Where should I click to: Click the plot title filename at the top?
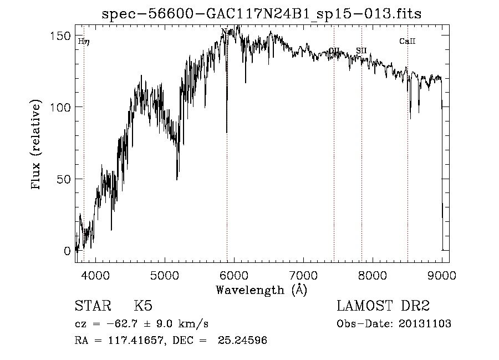click(261, 14)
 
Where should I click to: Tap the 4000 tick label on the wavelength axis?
click(95, 275)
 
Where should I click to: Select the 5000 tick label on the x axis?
click(165, 275)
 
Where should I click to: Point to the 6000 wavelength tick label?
click(234, 275)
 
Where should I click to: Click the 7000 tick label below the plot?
click(303, 275)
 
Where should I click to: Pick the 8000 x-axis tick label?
click(373, 275)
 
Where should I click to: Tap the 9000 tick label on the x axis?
click(441, 275)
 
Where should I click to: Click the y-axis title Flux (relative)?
click(37, 145)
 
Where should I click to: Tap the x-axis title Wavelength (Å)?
click(261, 290)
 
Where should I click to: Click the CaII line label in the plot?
click(407, 42)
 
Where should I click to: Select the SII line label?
click(361, 50)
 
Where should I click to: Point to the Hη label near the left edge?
click(84, 42)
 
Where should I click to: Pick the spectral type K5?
click(143, 306)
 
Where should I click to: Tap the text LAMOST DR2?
click(383, 306)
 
